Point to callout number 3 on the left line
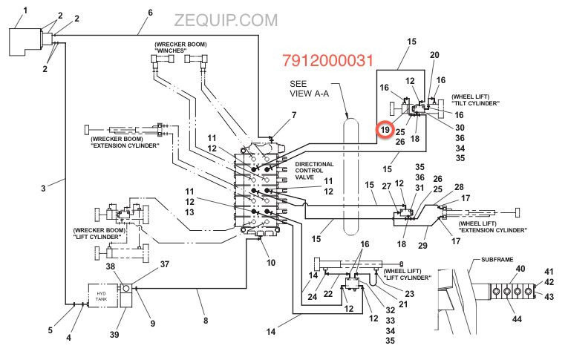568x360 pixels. (x=43, y=189)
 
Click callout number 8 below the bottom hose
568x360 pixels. (x=206, y=320)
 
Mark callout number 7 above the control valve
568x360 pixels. (x=293, y=115)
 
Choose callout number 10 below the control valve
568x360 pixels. (x=270, y=263)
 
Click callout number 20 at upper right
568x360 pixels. (x=435, y=55)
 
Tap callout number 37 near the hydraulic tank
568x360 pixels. (x=165, y=264)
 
